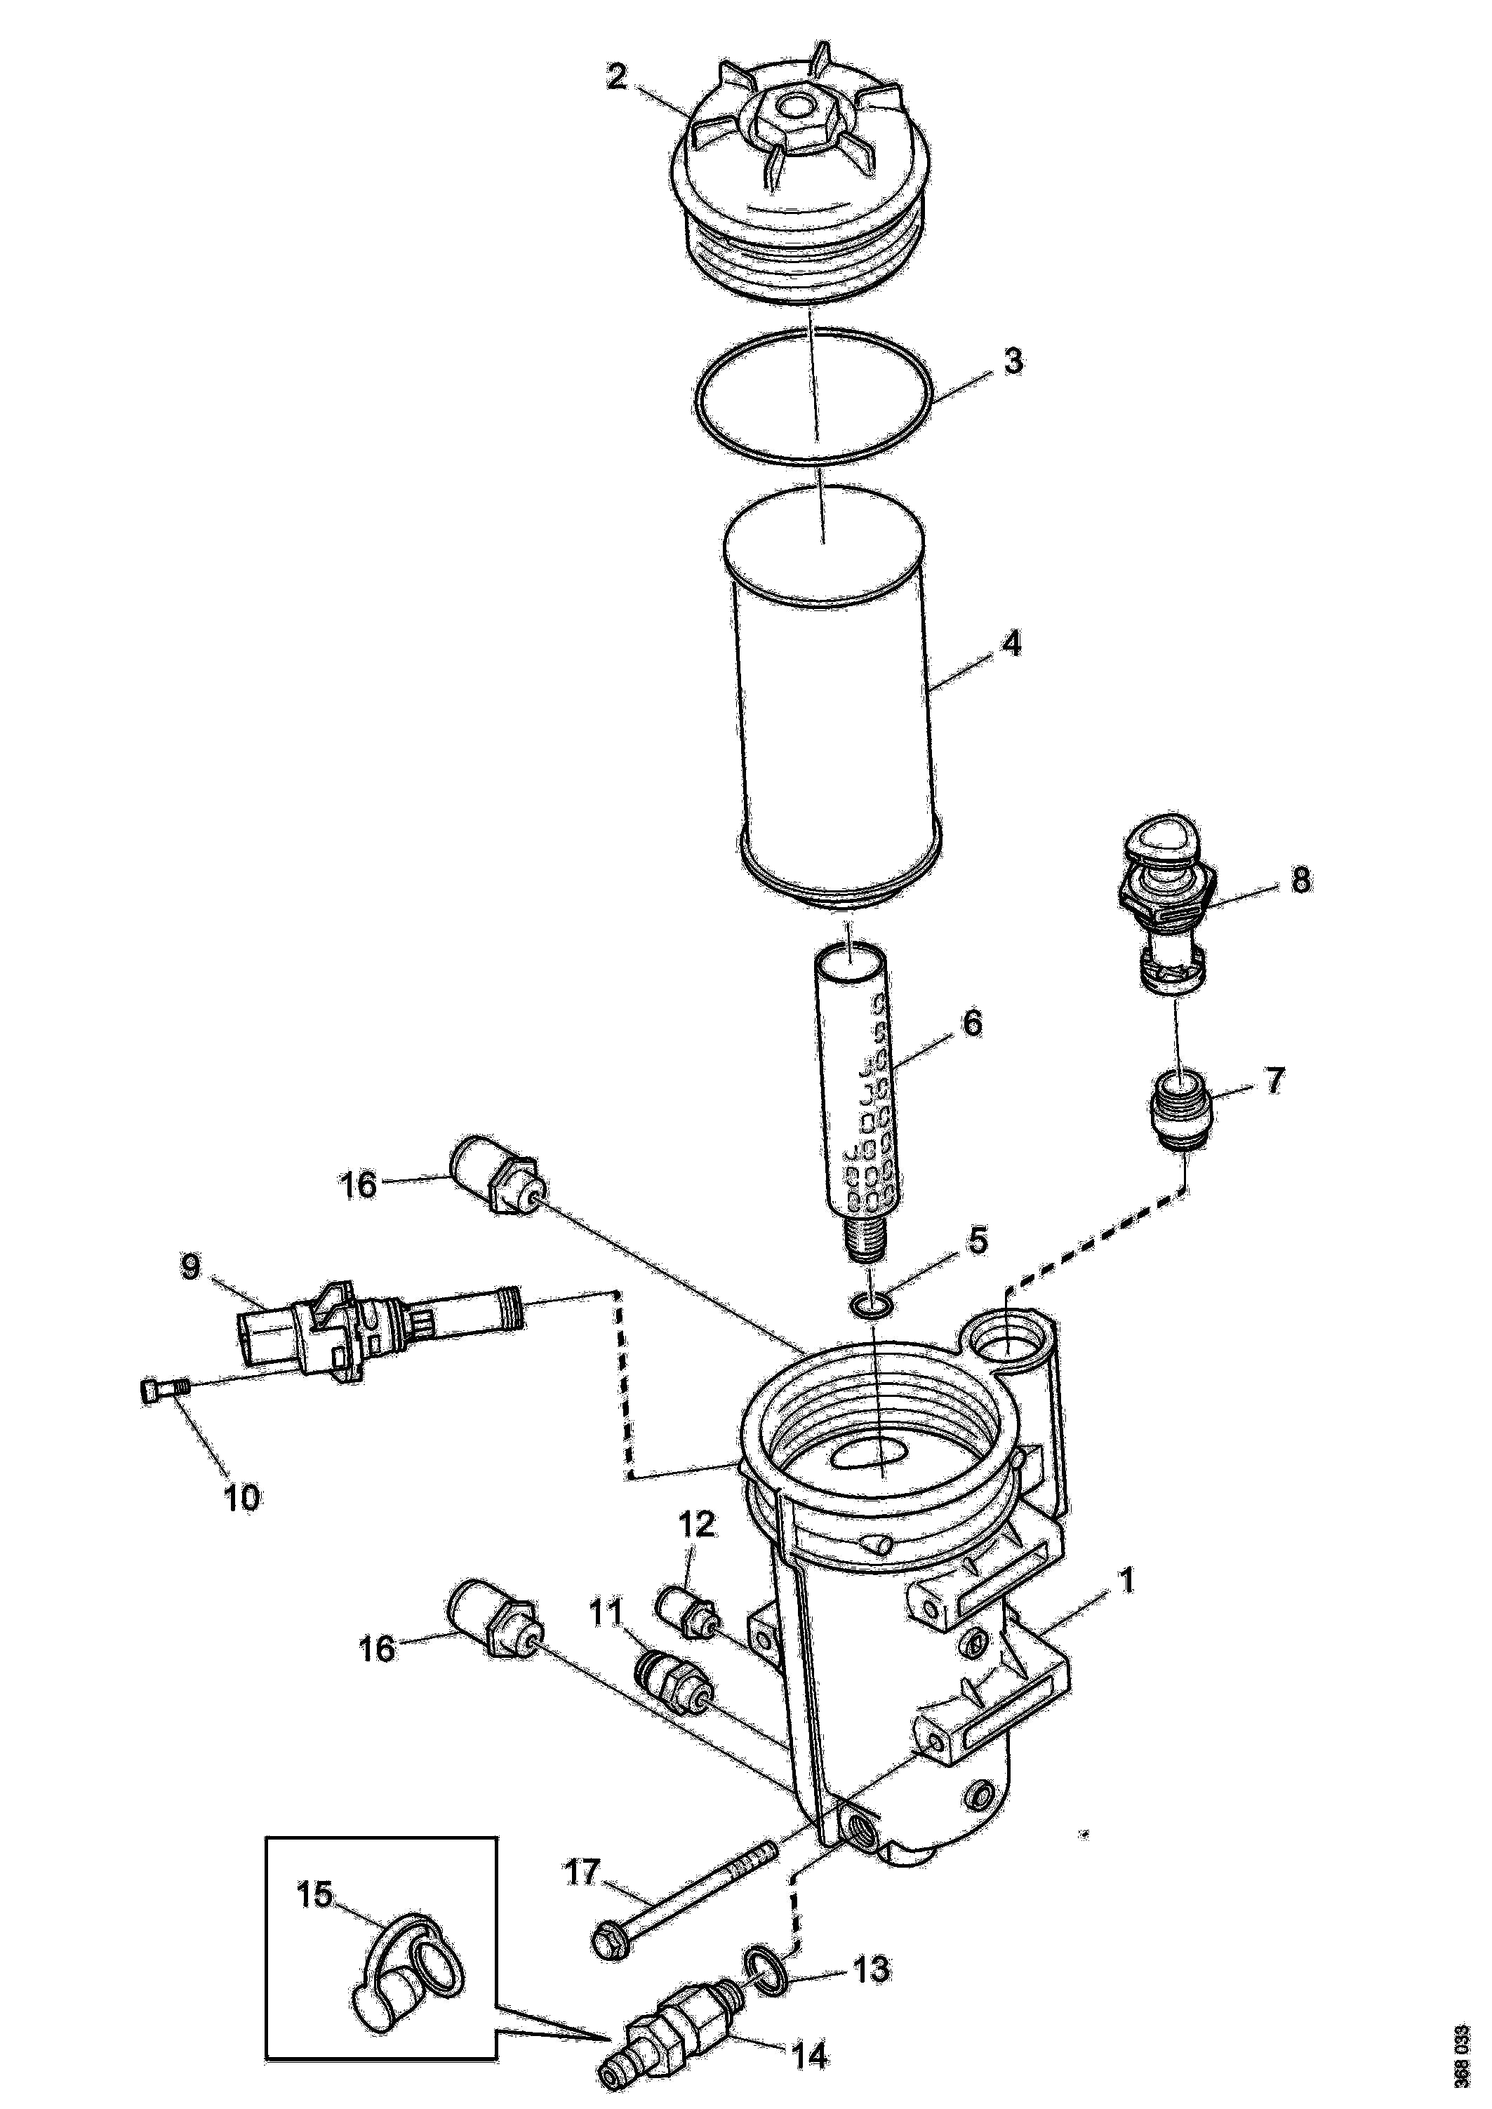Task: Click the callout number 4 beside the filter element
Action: (x=1010, y=644)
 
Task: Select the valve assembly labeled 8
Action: (x=1167, y=905)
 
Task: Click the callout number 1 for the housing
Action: (x=1124, y=1580)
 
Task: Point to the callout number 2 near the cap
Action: (x=615, y=77)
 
